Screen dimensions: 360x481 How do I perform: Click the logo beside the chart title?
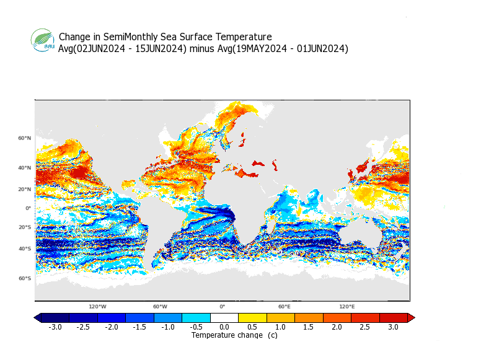(x=43, y=41)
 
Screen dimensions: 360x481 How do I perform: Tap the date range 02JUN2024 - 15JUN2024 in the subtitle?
(x=131, y=49)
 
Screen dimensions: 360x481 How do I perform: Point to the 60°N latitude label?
(x=24, y=138)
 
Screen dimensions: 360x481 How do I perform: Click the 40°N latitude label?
(x=24, y=168)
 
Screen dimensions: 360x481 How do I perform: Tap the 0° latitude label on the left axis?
(x=28, y=208)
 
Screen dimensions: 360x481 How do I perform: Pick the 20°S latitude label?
(x=24, y=227)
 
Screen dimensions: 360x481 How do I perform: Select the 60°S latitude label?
(x=24, y=278)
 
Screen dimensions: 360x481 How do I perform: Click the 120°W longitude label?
(x=97, y=307)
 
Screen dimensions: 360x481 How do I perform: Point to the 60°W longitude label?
(x=160, y=307)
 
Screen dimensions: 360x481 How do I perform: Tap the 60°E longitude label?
(x=285, y=307)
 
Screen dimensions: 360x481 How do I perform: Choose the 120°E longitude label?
(x=347, y=307)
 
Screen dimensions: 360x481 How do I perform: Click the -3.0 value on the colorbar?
(x=55, y=327)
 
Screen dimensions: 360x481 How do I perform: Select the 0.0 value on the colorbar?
(x=224, y=327)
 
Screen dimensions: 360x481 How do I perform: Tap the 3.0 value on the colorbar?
(x=393, y=327)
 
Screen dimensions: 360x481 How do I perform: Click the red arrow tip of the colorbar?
(x=411, y=318)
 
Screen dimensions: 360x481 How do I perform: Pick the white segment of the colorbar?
(x=224, y=318)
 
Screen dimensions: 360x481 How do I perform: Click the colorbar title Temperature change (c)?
(x=234, y=335)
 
